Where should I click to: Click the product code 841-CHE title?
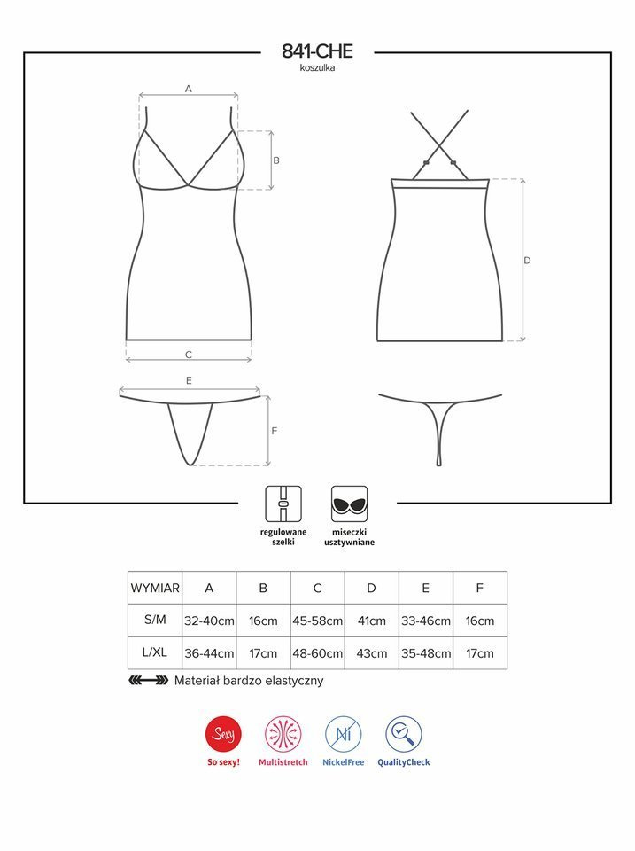(x=317, y=51)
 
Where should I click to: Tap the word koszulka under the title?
(x=317, y=68)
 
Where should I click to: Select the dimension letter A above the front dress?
(x=189, y=89)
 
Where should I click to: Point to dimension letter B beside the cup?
(x=276, y=160)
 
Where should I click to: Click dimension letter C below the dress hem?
(x=189, y=355)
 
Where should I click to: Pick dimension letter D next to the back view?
(x=527, y=261)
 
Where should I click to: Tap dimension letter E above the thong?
(x=189, y=380)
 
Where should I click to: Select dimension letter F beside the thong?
(x=275, y=431)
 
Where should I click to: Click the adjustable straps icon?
(x=283, y=504)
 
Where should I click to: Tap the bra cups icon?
(x=350, y=504)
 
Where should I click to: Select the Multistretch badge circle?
(x=283, y=735)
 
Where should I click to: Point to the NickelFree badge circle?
(x=343, y=735)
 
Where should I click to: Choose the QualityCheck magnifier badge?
(x=403, y=735)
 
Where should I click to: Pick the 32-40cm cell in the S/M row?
(x=209, y=621)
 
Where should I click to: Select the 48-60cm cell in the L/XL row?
(x=317, y=654)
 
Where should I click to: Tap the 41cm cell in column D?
(x=371, y=621)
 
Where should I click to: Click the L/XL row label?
(x=155, y=654)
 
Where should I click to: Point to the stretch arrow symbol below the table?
(x=148, y=682)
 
